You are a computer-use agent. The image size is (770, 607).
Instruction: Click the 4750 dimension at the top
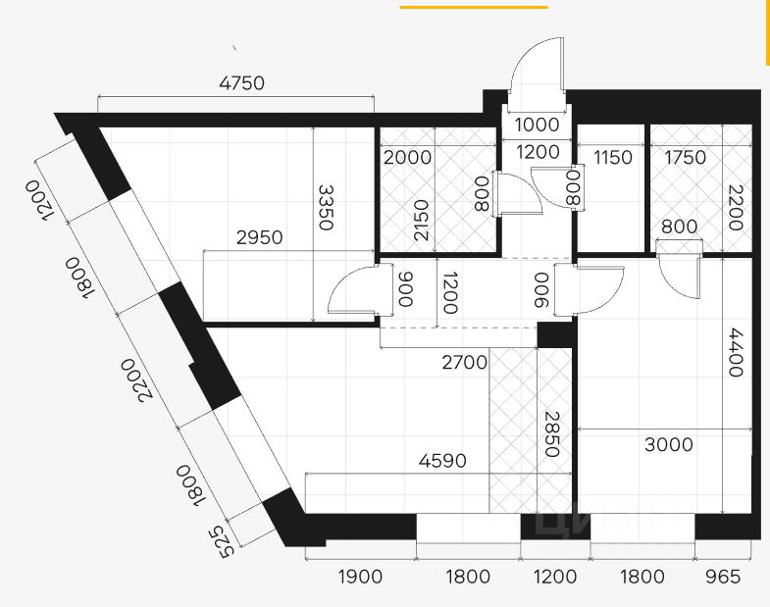tap(240, 83)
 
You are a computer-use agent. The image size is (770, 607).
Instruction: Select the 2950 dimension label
tap(259, 237)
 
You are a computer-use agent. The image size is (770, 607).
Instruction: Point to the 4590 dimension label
tap(441, 461)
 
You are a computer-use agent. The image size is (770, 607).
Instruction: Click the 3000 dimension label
tap(668, 444)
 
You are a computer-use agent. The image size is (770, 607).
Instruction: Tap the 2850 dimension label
tap(551, 434)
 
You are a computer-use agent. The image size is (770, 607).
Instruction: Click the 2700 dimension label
tap(463, 363)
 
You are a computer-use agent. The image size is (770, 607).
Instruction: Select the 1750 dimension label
tap(685, 157)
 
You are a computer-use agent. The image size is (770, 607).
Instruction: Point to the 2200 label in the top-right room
tap(735, 209)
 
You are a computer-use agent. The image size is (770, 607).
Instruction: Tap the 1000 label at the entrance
tap(537, 126)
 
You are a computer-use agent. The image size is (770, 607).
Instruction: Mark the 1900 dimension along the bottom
tap(359, 577)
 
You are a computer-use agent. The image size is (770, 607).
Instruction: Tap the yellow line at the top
tap(473, 7)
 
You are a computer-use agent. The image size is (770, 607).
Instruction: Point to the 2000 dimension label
tap(406, 157)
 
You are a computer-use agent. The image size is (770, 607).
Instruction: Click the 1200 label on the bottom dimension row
tap(556, 577)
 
